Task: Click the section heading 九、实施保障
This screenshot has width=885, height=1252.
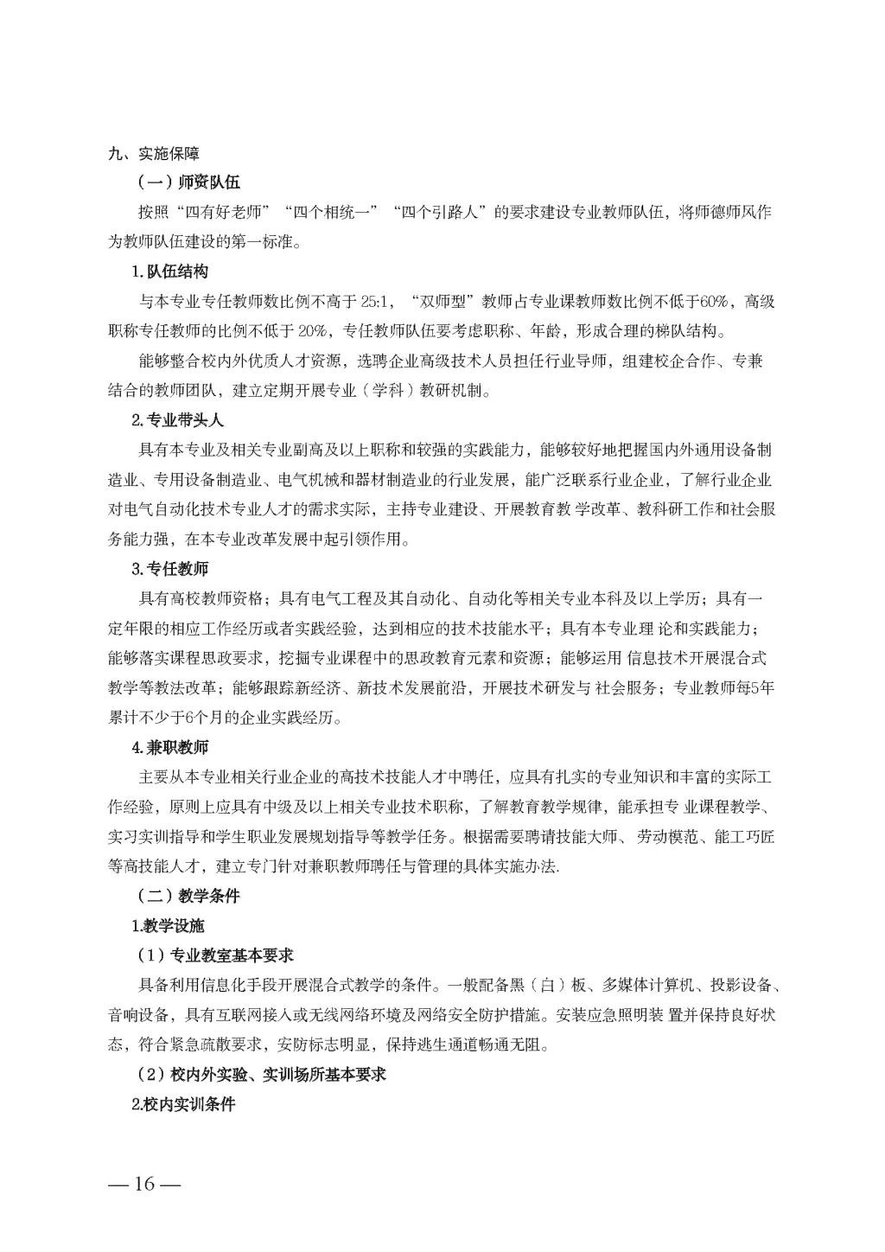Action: [153, 154]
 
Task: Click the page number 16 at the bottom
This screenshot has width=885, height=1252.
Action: [143, 1184]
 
